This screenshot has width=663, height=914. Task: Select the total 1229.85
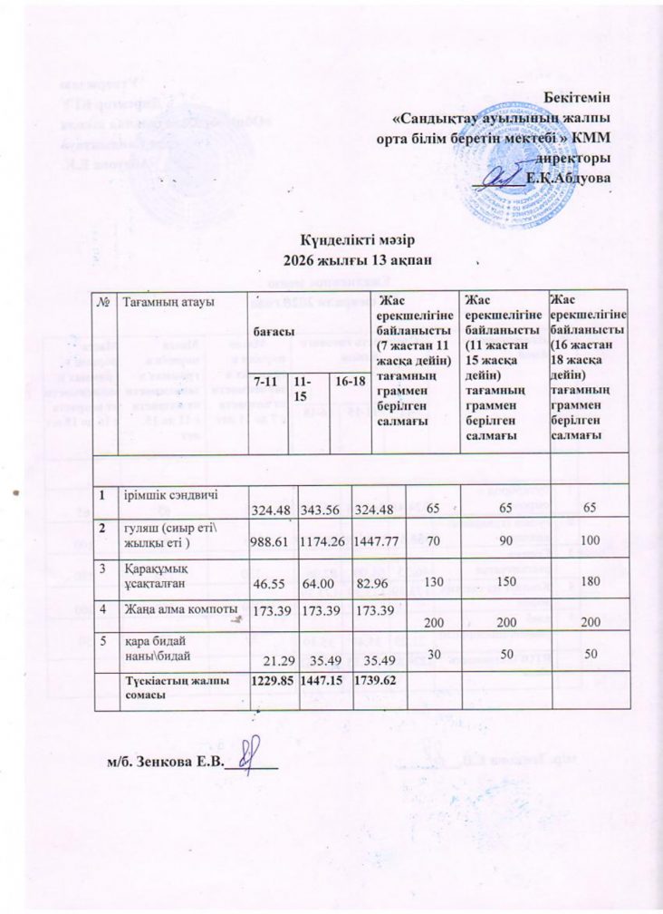[x=272, y=676]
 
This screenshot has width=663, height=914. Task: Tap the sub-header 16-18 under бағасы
[x=350, y=384]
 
